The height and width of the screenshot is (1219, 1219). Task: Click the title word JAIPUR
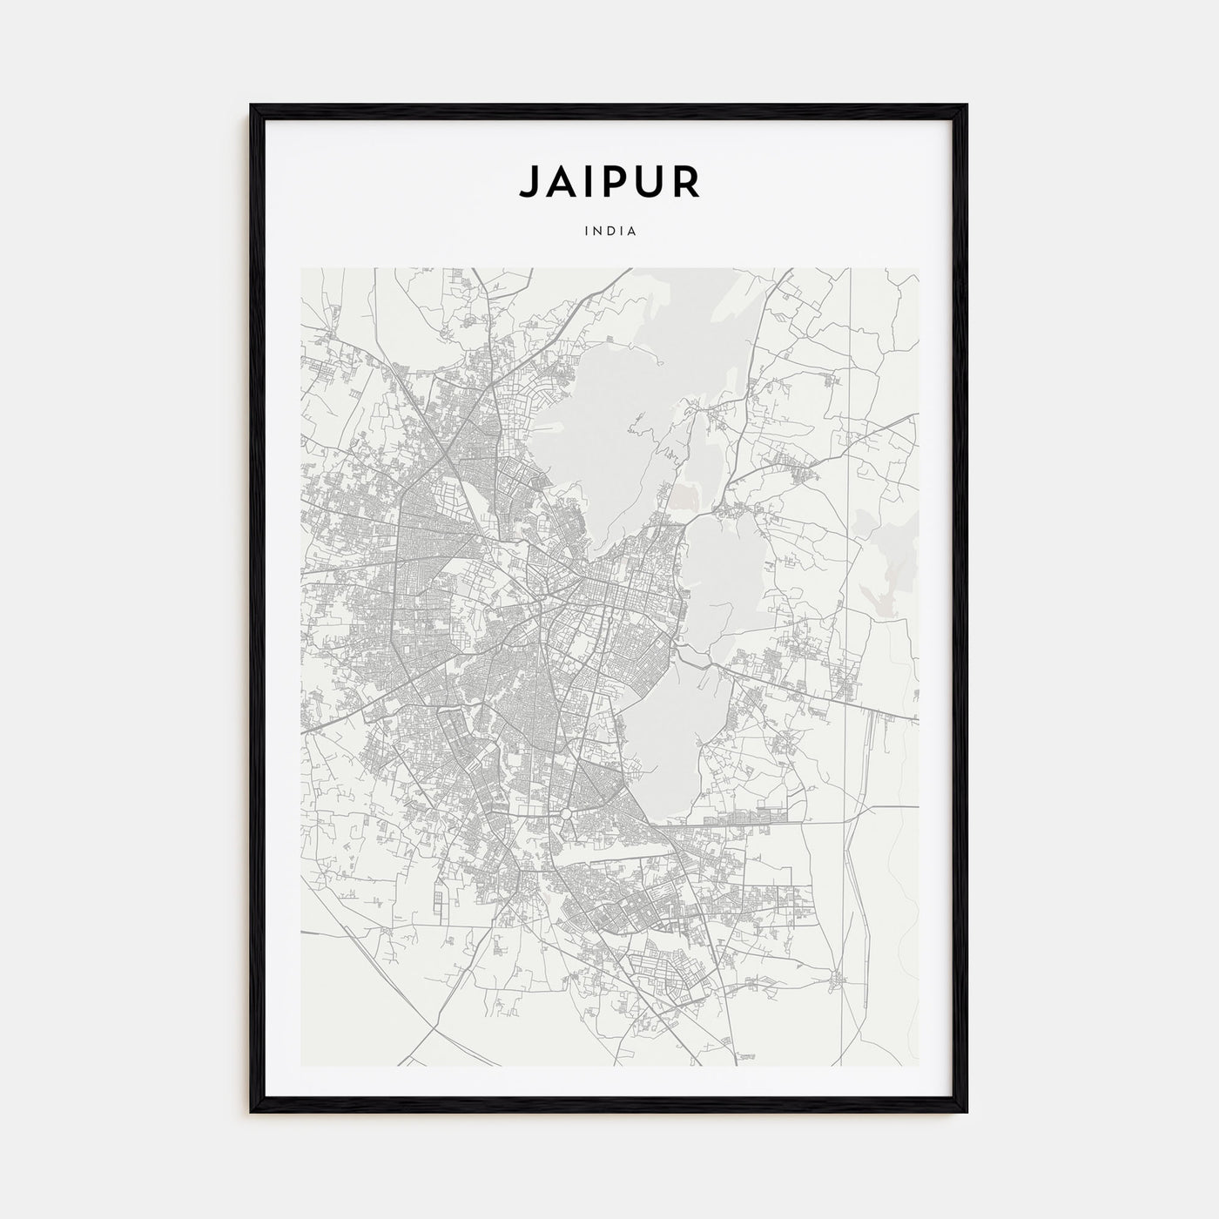point(609,180)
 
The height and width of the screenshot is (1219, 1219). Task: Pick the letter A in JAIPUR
point(560,180)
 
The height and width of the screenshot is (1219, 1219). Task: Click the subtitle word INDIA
point(609,232)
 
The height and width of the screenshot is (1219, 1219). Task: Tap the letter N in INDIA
point(597,232)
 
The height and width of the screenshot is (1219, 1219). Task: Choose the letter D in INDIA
point(609,232)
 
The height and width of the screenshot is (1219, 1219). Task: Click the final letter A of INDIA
point(632,232)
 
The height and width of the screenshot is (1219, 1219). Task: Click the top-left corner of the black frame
point(253,106)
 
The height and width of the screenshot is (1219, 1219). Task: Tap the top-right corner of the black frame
point(966,106)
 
